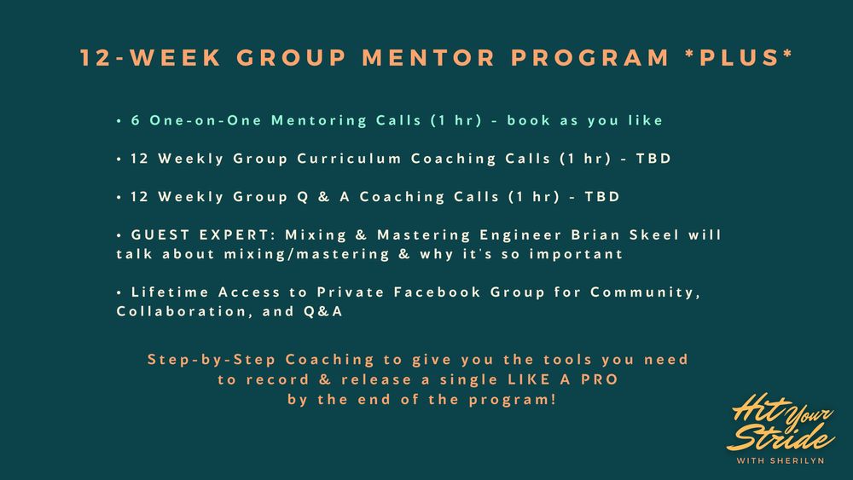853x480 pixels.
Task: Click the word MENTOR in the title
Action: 428,58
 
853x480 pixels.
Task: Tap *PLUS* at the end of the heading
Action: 740,58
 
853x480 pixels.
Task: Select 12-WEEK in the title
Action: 151,58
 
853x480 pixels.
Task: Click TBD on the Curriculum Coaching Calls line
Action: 653,159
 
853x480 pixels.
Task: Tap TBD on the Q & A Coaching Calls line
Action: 602,196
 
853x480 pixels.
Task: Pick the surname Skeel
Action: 654,234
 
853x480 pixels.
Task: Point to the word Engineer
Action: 520,235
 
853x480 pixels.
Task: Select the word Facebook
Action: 438,292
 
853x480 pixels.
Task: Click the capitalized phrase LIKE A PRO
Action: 563,379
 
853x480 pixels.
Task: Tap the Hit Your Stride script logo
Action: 780,422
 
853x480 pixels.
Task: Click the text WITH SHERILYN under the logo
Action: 780,460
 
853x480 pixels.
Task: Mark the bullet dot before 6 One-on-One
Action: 119,121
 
